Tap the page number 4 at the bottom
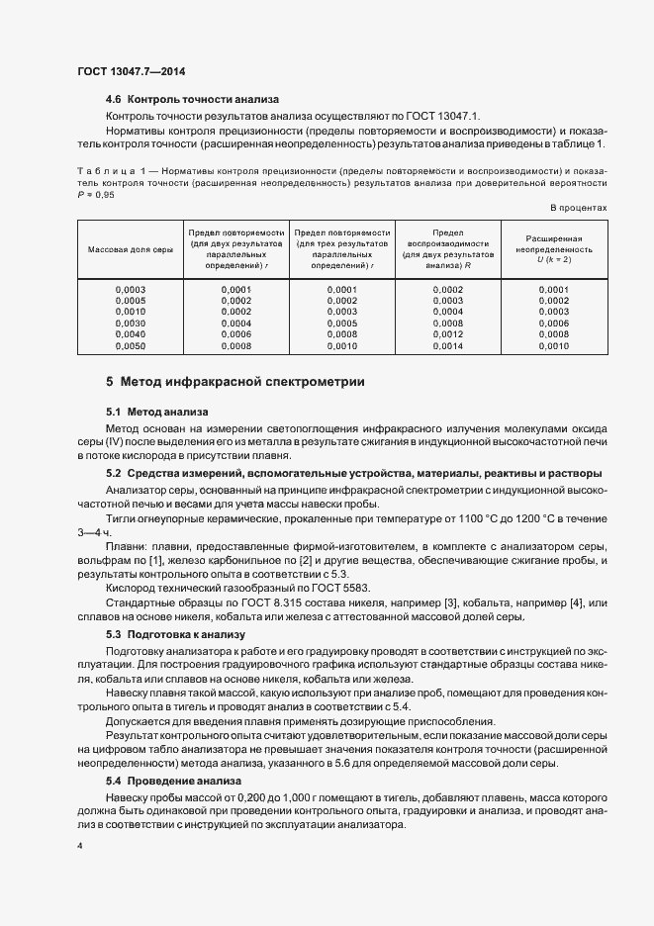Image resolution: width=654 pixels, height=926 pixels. [x=79, y=847]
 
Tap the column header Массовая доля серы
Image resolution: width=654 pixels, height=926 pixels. [x=131, y=249]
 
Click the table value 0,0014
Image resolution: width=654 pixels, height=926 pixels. [x=448, y=346]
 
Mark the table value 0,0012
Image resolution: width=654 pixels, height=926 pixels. [x=448, y=334]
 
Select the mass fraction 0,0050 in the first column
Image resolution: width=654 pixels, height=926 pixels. [x=131, y=346]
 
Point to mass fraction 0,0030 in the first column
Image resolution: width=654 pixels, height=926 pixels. [x=131, y=323]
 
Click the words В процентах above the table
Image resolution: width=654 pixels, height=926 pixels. [x=578, y=207]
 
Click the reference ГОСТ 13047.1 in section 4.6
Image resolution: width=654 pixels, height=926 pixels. [x=438, y=116]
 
